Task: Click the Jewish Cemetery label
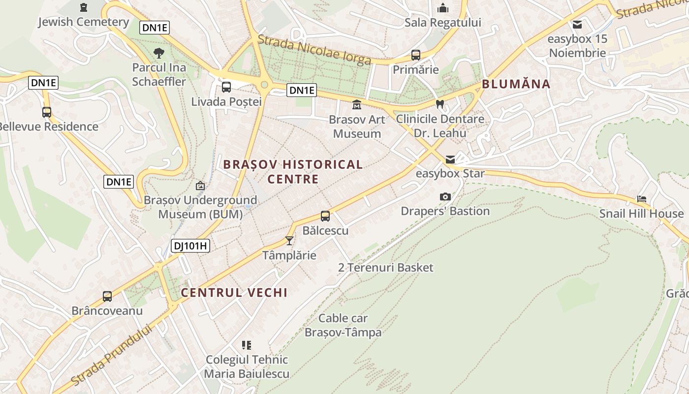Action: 83,22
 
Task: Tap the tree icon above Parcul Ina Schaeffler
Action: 158,53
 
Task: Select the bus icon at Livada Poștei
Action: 226,87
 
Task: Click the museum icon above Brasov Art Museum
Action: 357,105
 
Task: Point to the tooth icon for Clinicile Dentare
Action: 440,104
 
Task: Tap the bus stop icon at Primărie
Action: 416,55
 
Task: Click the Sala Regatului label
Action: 442,23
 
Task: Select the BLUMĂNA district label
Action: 516,84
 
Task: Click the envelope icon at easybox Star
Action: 450,160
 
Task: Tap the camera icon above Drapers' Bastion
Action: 445,197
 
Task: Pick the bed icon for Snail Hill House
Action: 642,199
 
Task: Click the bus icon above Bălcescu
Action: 325,216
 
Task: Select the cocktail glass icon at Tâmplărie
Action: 289,241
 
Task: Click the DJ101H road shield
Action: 190,245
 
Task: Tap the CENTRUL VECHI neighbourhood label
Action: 234,293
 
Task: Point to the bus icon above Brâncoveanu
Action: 107,296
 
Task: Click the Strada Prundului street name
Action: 111,355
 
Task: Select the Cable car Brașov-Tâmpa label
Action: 343,325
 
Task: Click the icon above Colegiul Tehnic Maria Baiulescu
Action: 247,345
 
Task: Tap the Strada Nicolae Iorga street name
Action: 314,50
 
